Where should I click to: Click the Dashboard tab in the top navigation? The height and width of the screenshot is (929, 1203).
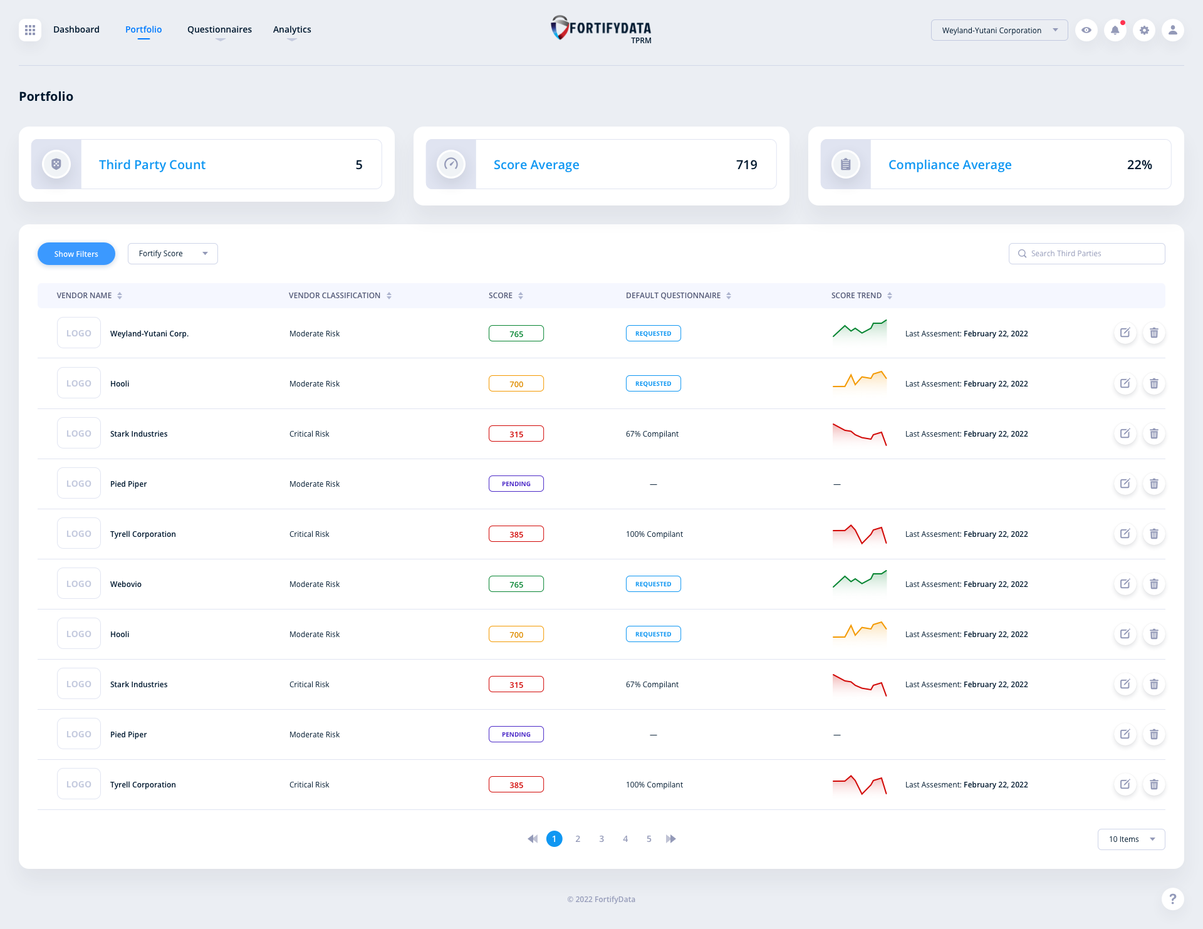pos(76,29)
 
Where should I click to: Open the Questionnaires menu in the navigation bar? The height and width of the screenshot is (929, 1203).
pos(219,29)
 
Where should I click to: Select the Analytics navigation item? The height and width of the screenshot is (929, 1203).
pos(292,29)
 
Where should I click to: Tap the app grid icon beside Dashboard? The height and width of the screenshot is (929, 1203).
pos(30,30)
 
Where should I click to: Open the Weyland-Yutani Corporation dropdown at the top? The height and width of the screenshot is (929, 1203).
pos(999,30)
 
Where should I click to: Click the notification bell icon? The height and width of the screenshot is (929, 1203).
pos(1115,30)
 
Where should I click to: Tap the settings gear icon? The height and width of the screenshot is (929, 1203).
pos(1144,30)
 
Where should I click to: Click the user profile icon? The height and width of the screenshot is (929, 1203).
pos(1172,30)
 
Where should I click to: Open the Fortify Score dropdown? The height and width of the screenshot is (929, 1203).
pos(172,254)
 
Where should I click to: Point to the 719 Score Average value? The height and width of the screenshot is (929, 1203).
pos(746,165)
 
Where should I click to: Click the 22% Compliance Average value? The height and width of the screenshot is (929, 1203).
pos(1139,165)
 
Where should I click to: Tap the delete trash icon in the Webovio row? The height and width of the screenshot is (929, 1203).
pos(1154,584)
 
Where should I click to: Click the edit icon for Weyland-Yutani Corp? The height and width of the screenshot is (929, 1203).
pos(1125,333)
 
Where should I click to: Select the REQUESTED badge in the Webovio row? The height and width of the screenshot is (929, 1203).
pos(653,584)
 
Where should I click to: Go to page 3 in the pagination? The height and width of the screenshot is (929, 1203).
pos(601,839)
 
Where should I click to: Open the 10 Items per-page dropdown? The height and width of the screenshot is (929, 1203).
pos(1131,839)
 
